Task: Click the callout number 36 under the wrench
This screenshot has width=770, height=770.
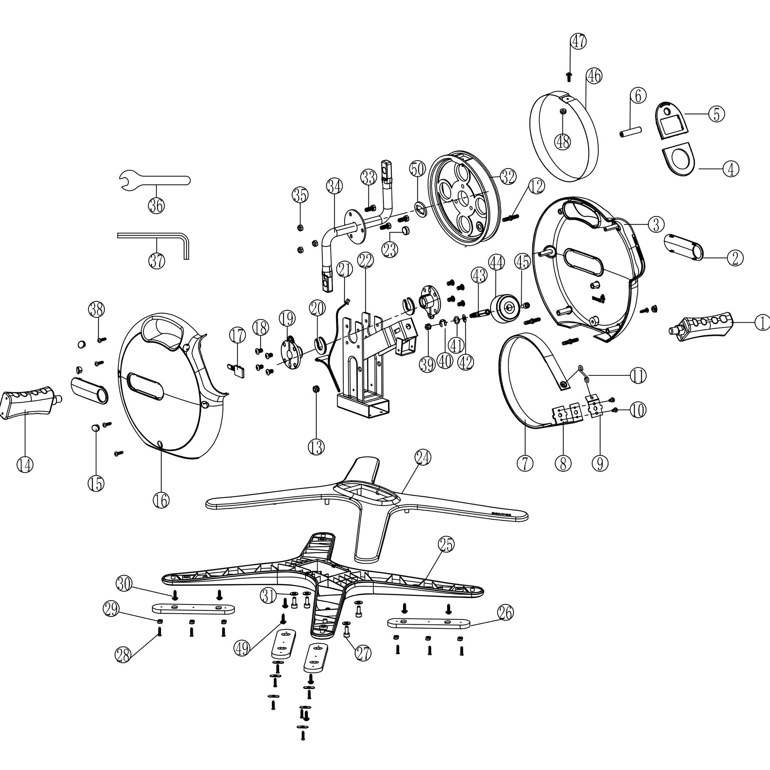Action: pos(156,206)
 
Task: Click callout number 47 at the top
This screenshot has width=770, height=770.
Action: pos(578,42)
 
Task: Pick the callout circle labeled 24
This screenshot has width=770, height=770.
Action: pos(423,458)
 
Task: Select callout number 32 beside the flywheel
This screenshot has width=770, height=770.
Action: pos(508,177)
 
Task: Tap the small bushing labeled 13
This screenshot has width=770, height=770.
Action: pos(316,388)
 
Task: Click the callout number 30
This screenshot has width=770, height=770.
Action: pos(124,584)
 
